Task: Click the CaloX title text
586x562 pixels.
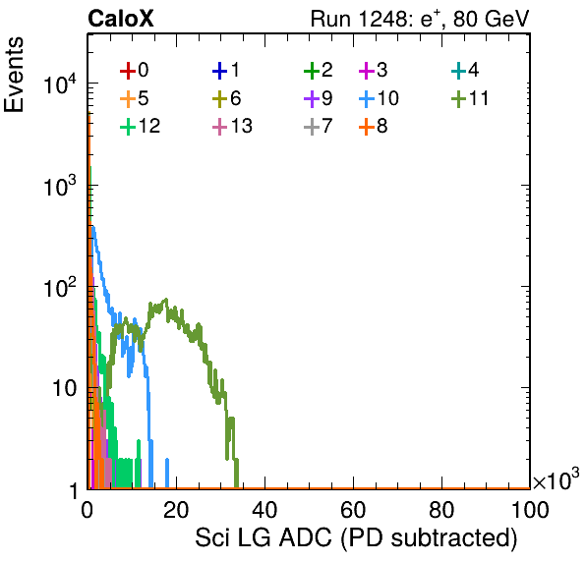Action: [x=121, y=19]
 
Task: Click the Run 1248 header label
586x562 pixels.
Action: [x=420, y=19]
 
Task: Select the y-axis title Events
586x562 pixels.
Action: [x=14, y=75]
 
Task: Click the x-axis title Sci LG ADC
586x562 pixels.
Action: [x=356, y=538]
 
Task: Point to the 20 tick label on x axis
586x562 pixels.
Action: [x=176, y=509]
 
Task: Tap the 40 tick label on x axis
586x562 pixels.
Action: [x=264, y=509]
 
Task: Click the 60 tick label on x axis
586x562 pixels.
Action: [x=353, y=509]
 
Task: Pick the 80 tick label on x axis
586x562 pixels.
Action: [x=441, y=509]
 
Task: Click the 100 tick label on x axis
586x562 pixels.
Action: [x=530, y=509]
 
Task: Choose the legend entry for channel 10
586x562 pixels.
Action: [x=379, y=98]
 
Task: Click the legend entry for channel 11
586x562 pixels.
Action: [x=470, y=98]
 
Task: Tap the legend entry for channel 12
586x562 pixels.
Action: [x=141, y=126]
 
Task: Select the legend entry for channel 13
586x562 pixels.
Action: [x=232, y=126]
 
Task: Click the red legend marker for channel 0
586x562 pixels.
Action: [x=128, y=71]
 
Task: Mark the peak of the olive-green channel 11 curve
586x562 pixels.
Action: [x=166, y=299]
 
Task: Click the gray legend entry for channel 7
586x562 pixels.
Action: [x=318, y=126]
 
